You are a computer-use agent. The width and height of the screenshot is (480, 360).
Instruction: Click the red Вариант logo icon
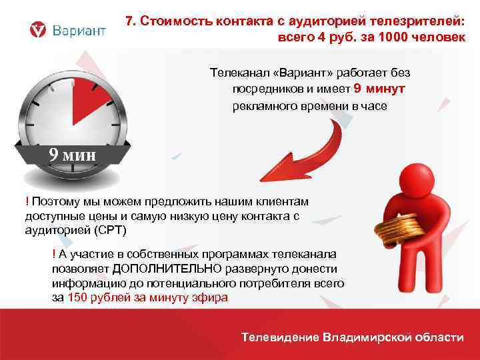[x=39, y=30]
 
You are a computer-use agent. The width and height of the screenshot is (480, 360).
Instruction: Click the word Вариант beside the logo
[x=79, y=31]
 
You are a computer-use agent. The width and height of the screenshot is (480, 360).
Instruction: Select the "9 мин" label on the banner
[x=72, y=155]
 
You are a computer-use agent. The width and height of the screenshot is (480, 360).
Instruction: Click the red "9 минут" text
[x=379, y=89]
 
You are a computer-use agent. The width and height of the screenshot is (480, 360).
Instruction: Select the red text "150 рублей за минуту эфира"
[x=148, y=298]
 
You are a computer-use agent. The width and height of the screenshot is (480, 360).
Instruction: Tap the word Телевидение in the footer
[x=279, y=337]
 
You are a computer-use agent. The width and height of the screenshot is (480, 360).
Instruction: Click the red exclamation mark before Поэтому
[x=27, y=201]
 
